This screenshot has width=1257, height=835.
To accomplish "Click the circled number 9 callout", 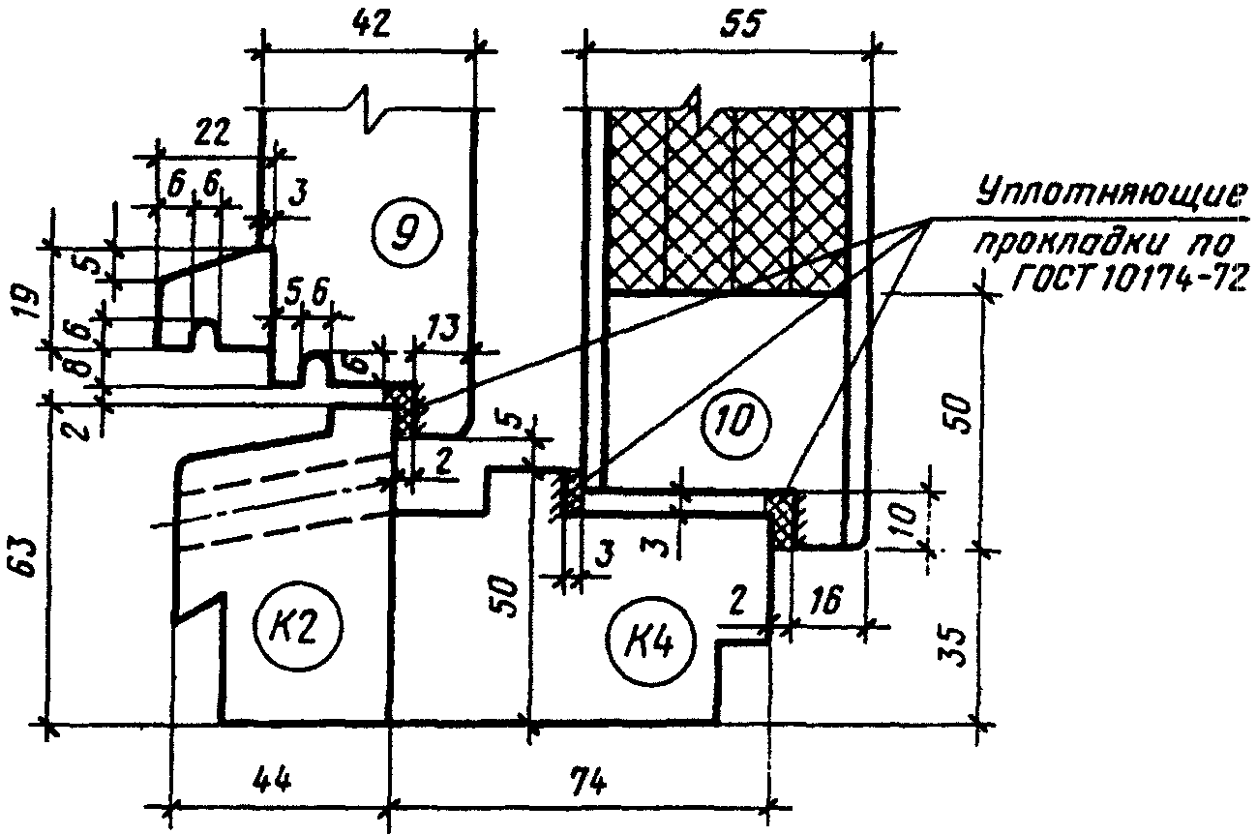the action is [x=406, y=232].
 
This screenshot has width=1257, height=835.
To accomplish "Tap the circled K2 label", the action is [x=298, y=628].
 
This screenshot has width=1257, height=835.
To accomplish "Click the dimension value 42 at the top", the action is [x=372, y=25].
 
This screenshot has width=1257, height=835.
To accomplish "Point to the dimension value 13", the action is [x=443, y=328].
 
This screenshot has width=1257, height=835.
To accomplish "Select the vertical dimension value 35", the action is [x=952, y=646].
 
